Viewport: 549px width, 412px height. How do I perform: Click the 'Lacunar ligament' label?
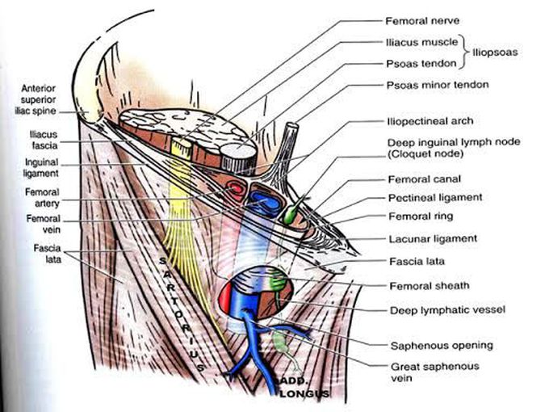click(x=433, y=239)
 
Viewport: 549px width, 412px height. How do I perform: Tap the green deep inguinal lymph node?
click(x=291, y=213)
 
